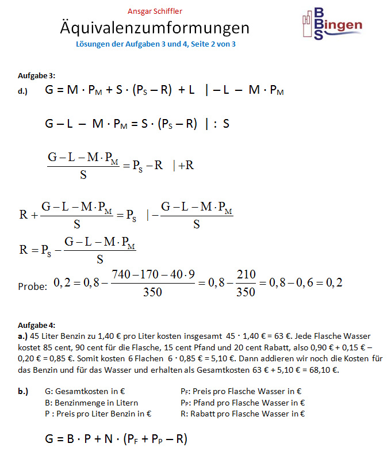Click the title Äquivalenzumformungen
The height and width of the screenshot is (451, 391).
tap(155, 28)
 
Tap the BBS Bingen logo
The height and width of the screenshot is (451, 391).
tap(332, 24)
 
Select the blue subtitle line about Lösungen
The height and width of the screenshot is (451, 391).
tap(155, 44)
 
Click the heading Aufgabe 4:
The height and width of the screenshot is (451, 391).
tap(37, 325)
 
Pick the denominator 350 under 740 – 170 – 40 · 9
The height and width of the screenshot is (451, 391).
tap(152, 292)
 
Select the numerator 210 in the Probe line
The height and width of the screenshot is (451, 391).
tap(246, 275)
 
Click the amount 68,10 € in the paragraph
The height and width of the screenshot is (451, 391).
tap(326, 370)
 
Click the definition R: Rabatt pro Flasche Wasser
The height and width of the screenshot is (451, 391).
tap(242, 413)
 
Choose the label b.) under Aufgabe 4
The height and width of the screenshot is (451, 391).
tap(23, 392)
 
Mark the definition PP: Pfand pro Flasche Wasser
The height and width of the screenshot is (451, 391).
tap(242, 403)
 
